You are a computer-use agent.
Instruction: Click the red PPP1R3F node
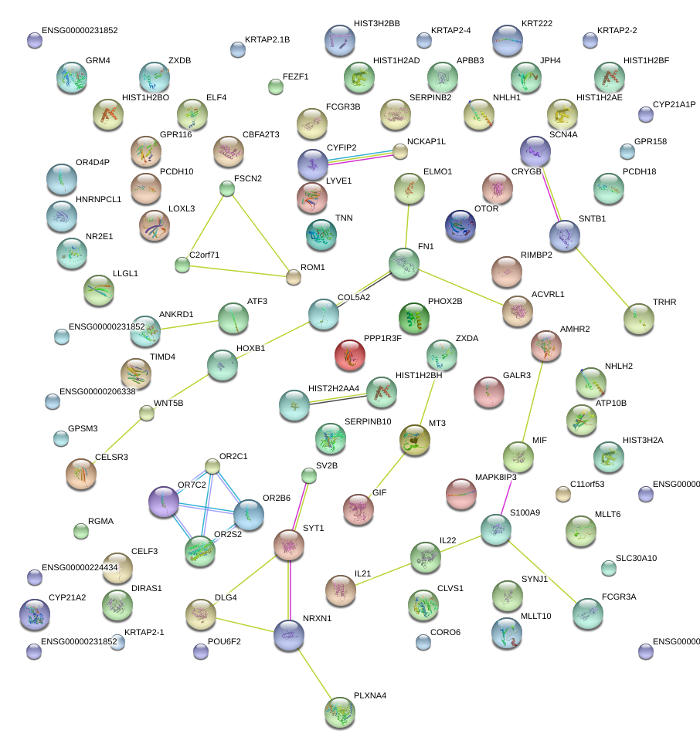point(350,355)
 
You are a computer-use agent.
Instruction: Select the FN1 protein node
point(403,264)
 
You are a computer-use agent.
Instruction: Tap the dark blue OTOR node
point(460,225)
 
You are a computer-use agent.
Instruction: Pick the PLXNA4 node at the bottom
point(340,712)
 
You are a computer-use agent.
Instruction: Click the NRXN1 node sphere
point(288,635)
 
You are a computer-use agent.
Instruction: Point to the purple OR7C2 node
point(163,502)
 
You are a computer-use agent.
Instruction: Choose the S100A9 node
point(495,529)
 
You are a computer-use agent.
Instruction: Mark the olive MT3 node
point(415,440)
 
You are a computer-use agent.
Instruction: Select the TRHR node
point(638,318)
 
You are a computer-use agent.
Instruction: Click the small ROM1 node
point(293,277)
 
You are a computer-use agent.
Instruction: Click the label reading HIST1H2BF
point(646,59)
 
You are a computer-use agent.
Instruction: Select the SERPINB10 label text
point(368,421)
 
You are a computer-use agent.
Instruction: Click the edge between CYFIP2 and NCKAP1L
point(360,157)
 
